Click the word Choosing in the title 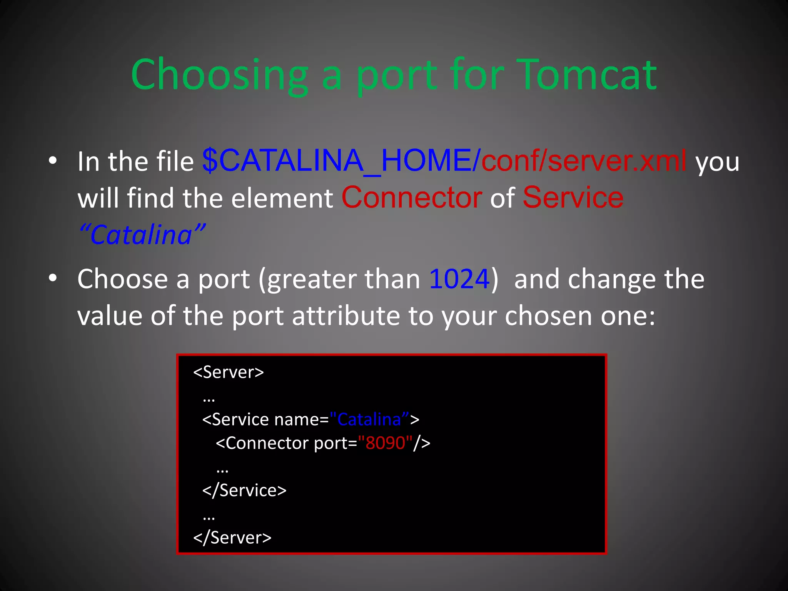220,75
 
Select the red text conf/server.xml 583,161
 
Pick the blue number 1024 459,279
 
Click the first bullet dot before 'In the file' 53,161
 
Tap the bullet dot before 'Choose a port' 53,278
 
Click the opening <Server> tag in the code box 229,372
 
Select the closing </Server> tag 232,538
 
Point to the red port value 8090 385,443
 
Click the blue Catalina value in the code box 369,420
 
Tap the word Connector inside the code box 268,443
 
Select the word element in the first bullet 282,199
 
